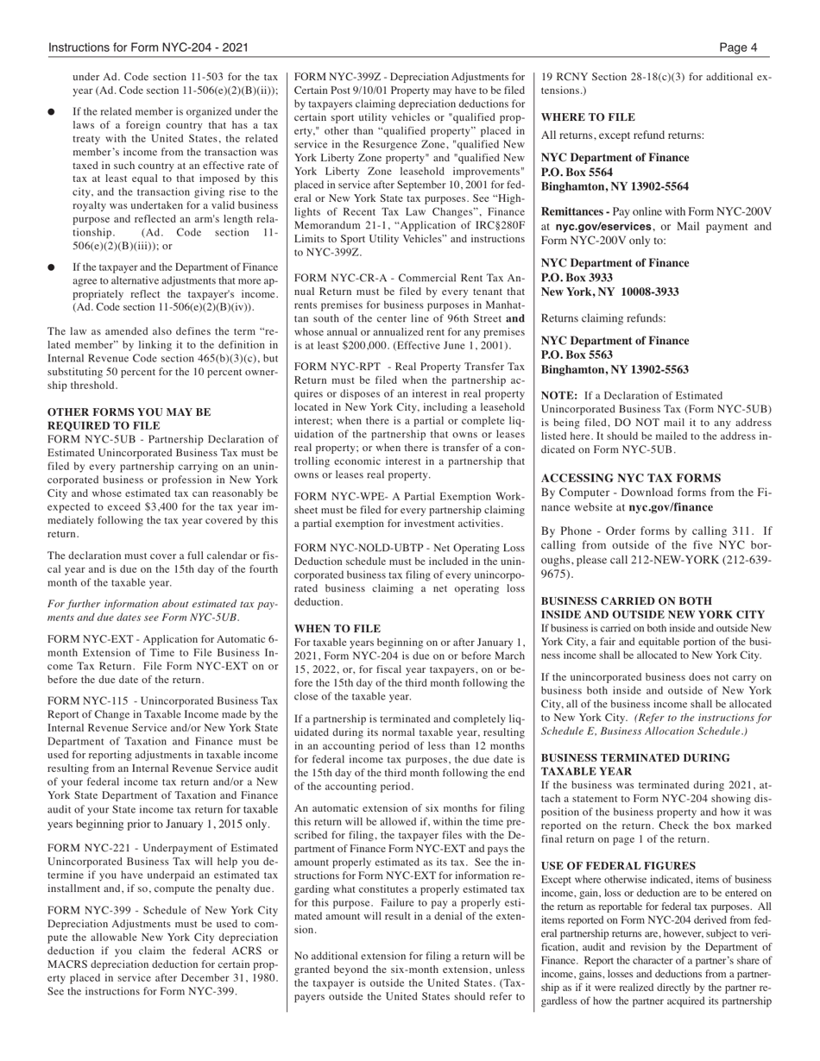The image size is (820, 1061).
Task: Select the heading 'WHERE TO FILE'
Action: [587, 116]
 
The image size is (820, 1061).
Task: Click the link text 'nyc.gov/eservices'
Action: [602, 227]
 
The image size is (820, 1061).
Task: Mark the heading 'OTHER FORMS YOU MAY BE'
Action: [129, 412]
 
